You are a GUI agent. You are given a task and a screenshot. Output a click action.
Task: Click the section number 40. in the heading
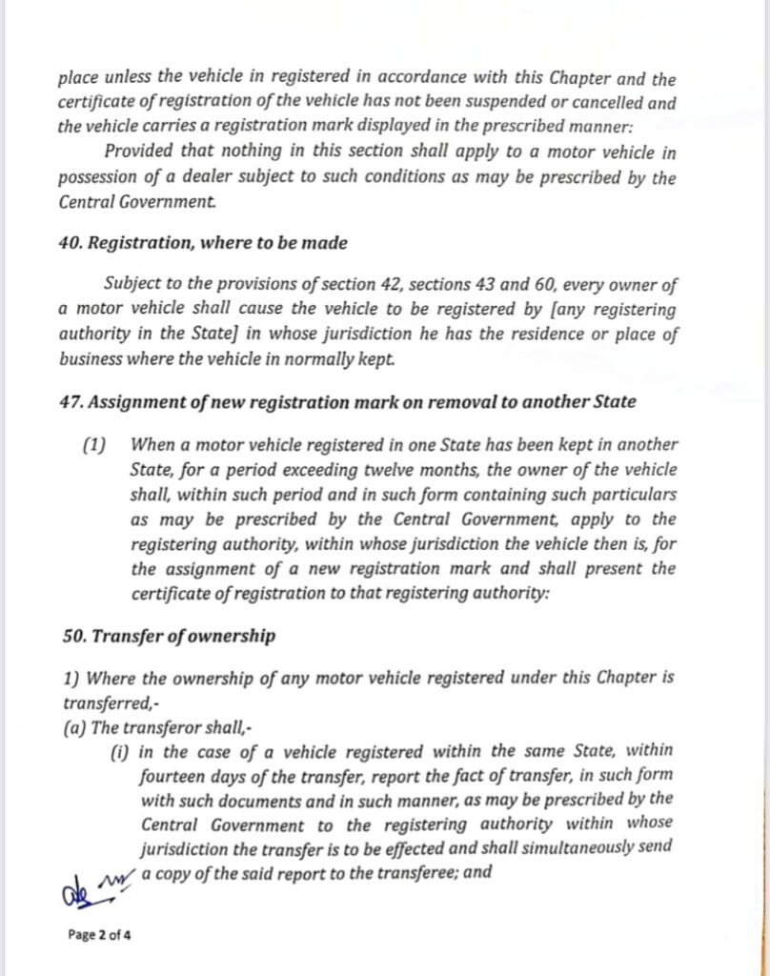point(71,243)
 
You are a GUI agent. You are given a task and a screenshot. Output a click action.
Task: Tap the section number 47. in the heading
point(71,401)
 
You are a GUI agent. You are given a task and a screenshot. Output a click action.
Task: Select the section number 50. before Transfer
point(71,636)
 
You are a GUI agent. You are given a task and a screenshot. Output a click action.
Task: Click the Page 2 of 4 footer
point(100,934)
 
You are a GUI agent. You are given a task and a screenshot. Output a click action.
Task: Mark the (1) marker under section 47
point(95,445)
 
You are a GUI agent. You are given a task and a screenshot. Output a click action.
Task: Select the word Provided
point(138,152)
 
